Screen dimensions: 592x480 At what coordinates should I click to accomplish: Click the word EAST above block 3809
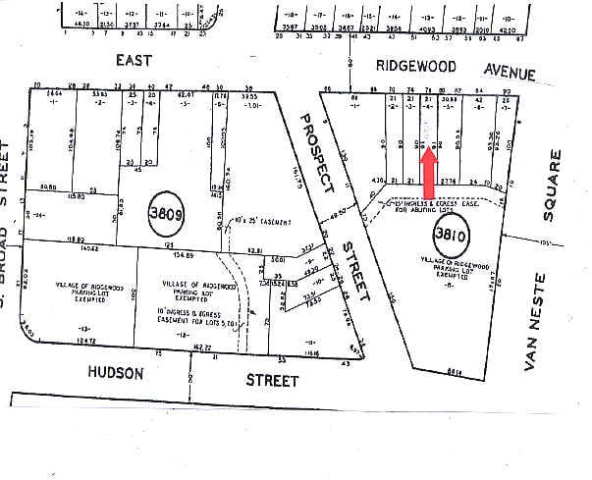click(135, 61)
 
